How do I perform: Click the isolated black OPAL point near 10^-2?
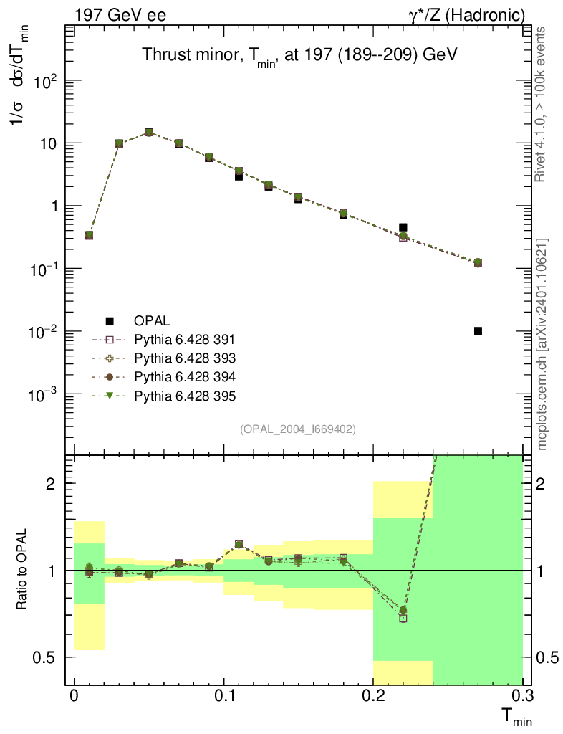click(478, 331)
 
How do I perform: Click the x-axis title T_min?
click(514, 718)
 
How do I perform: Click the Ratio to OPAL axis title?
click(22, 570)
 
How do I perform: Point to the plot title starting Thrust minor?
click(299, 55)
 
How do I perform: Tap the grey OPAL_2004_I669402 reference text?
click(298, 429)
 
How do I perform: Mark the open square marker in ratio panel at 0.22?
click(403, 618)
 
